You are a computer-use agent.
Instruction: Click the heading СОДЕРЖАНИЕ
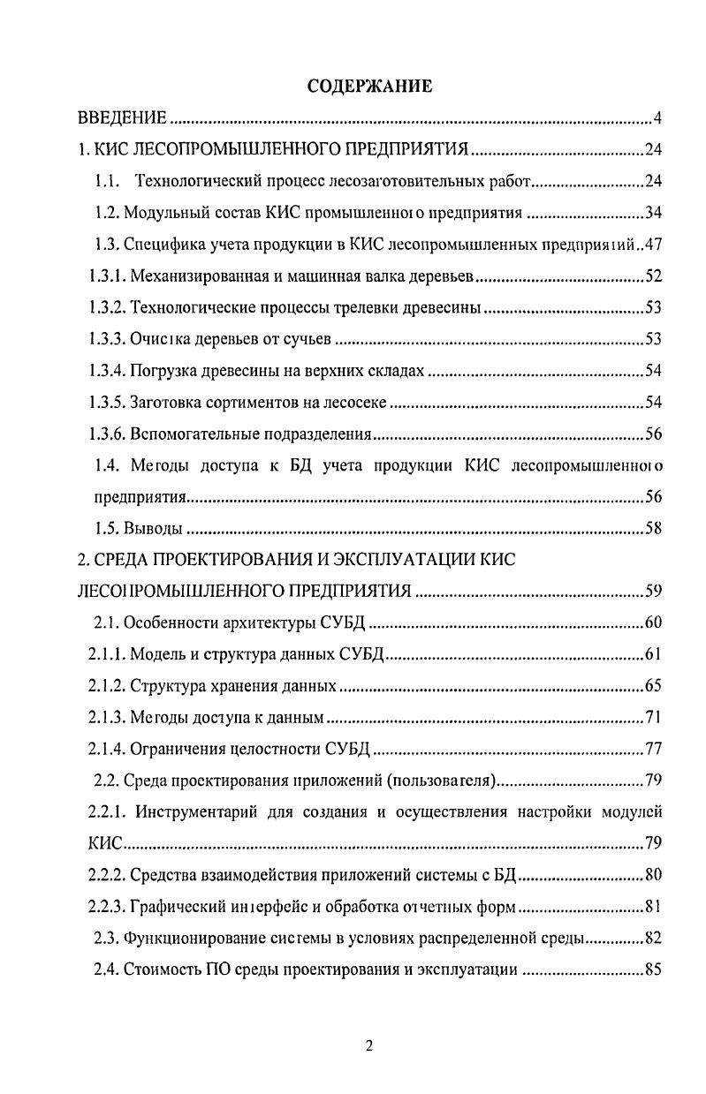pos(369,87)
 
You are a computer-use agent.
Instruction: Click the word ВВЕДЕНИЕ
pos(120,117)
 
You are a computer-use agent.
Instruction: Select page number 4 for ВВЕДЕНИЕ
pos(658,117)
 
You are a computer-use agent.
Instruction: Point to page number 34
pos(654,213)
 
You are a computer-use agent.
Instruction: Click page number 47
pos(654,245)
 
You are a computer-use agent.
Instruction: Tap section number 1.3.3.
pos(107,340)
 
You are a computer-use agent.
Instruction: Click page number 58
pos(654,529)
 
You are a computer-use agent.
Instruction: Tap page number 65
pos(654,686)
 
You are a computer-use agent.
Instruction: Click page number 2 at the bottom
pos(369,1046)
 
